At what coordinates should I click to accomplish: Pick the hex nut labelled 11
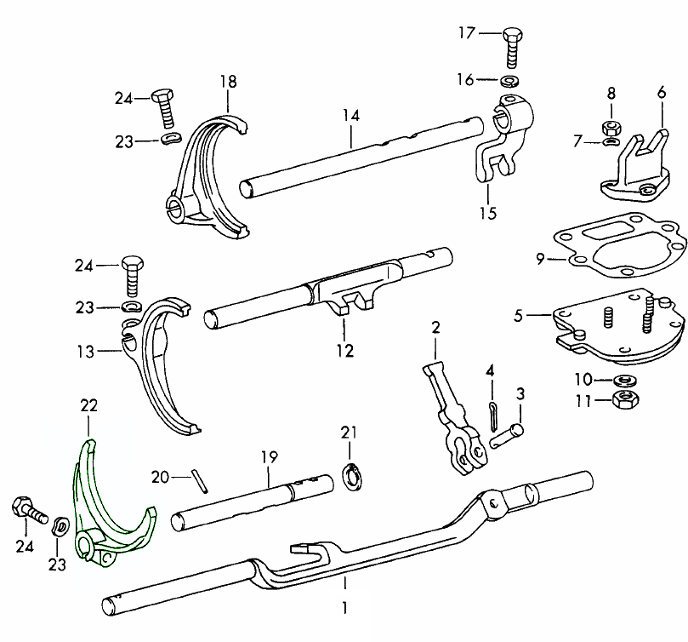pos(624,400)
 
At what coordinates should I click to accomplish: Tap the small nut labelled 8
pos(611,128)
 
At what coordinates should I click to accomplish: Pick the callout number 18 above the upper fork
pos(228,82)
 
